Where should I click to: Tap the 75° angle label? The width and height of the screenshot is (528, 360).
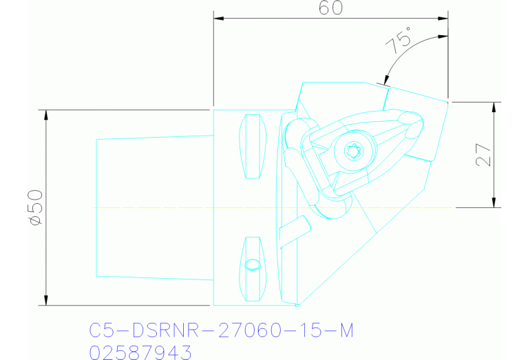(x=399, y=41)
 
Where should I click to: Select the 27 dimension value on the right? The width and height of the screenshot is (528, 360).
(x=484, y=155)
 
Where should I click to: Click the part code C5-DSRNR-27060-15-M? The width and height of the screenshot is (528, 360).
(x=221, y=331)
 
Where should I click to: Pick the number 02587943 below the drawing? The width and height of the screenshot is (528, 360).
(x=140, y=352)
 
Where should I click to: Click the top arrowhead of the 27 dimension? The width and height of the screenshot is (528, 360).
(x=494, y=107)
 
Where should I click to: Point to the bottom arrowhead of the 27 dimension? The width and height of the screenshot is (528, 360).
(x=494, y=202)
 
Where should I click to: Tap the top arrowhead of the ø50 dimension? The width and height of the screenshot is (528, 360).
(x=45, y=114)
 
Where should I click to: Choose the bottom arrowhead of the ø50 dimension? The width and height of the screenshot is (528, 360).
(x=45, y=299)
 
